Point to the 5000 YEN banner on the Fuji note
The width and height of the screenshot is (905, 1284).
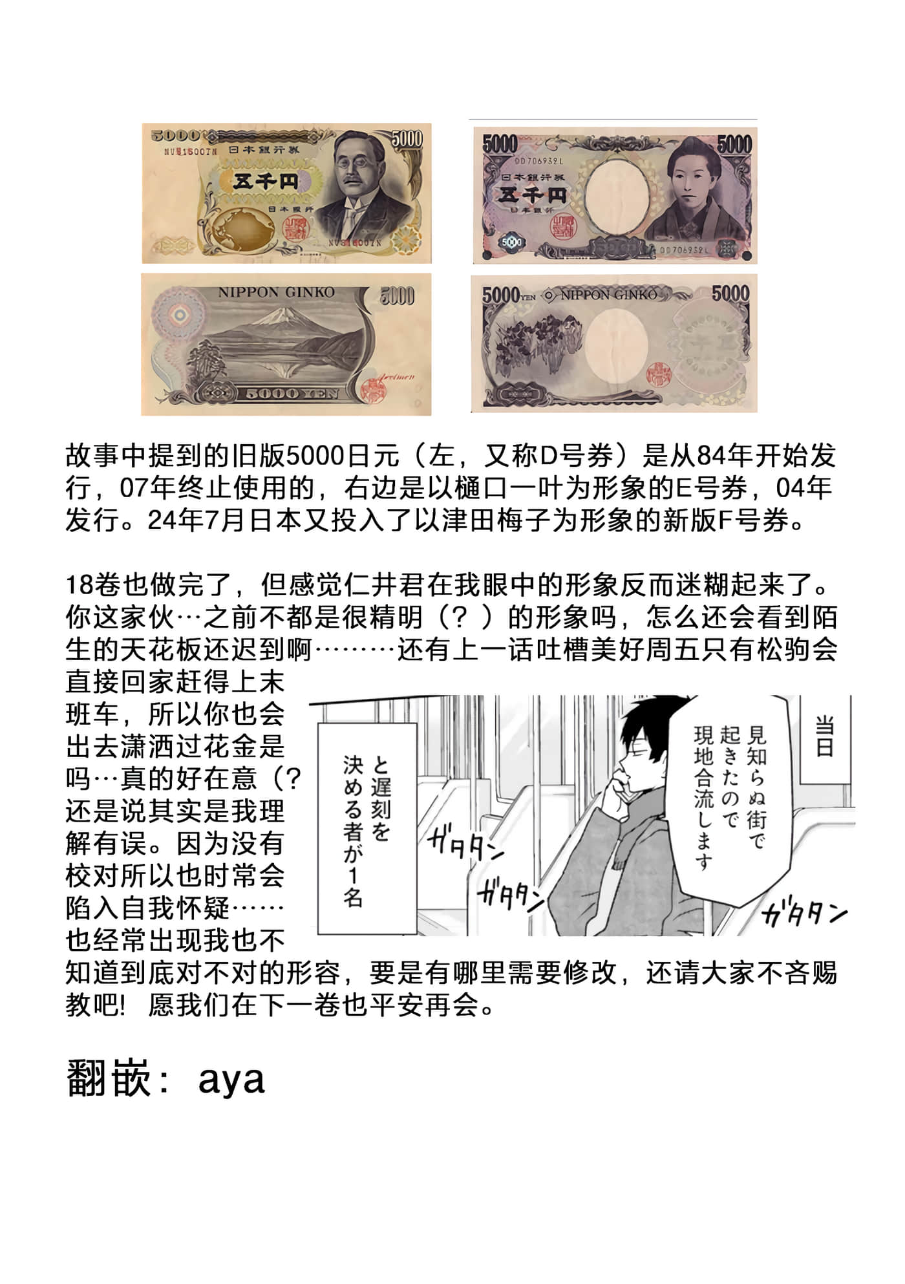pyautogui.click(x=291, y=393)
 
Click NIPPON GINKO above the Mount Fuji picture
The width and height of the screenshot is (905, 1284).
pyautogui.click(x=276, y=293)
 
